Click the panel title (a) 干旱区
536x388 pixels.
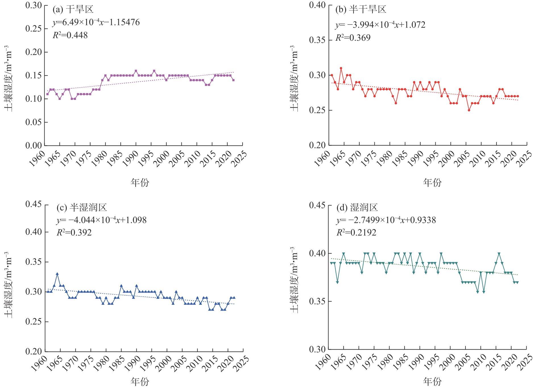[x=73, y=10]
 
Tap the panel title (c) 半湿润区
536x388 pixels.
[x=82, y=208]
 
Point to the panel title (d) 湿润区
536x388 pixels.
[x=357, y=208]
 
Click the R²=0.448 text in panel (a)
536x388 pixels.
[x=70, y=35]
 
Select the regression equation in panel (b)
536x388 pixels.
[x=380, y=25]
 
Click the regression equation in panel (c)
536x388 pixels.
[x=102, y=220]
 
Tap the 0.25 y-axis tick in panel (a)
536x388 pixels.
[x=34, y=29]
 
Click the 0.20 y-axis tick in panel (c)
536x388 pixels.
[x=34, y=351]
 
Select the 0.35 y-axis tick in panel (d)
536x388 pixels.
[x=317, y=301]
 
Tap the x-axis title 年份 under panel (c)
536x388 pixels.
[x=140, y=381]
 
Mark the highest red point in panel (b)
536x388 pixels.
[x=341, y=68]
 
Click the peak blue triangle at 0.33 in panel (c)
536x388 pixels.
[x=57, y=274]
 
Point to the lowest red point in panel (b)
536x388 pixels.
[x=469, y=110]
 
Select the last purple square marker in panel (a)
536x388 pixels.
[x=233, y=80]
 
